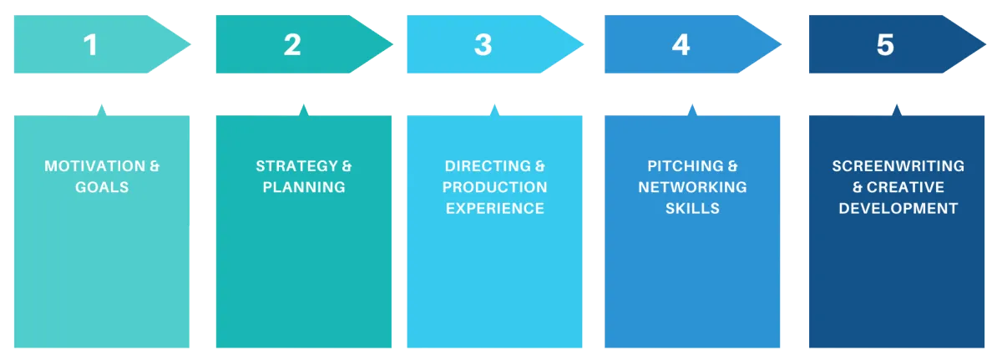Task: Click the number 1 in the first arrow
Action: click(91, 45)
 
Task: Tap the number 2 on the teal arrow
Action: click(292, 45)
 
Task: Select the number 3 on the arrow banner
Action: click(483, 45)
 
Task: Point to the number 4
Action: click(681, 45)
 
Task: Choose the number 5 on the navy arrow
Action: click(885, 45)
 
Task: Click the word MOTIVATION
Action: click(95, 166)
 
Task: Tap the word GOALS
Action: click(102, 187)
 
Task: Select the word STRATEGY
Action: click(296, 166)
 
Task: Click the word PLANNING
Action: click(304, 187)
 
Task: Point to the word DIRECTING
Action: click(488, 166)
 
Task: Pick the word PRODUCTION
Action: click(494, 187)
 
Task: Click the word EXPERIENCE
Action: click(494, 208)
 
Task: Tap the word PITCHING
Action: click(686, 166)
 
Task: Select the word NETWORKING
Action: click(692, 187)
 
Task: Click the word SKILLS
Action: click(692, 208)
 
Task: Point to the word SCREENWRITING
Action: click(898, 166)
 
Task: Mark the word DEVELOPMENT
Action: click(898, 208)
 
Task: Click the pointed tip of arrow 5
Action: click(985, 44)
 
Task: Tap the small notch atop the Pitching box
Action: click(692, 110)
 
